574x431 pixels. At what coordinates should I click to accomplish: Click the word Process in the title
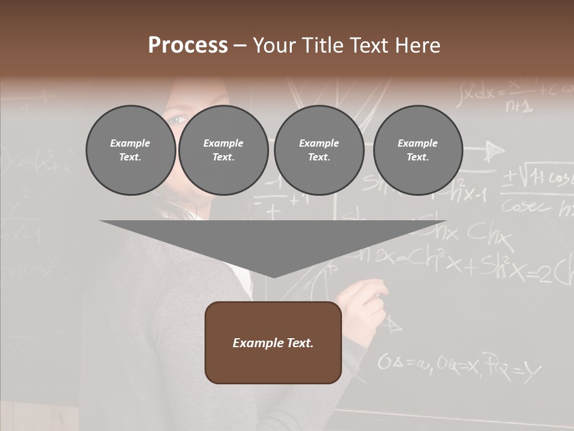[188, 45]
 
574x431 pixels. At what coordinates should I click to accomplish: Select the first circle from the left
[130, 150]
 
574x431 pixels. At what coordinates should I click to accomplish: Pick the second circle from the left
[223, 150]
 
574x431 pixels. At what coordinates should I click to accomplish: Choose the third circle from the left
[319, 150]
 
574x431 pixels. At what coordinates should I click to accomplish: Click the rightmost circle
[417, 150]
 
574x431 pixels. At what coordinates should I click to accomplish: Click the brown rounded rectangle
[273, 342]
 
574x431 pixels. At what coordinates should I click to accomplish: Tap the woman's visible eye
[176, 120]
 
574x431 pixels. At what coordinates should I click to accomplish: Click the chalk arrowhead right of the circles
[493, 151]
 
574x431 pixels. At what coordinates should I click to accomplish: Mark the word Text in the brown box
[299, 343]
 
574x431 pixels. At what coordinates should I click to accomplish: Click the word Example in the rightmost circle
[417, 143]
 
